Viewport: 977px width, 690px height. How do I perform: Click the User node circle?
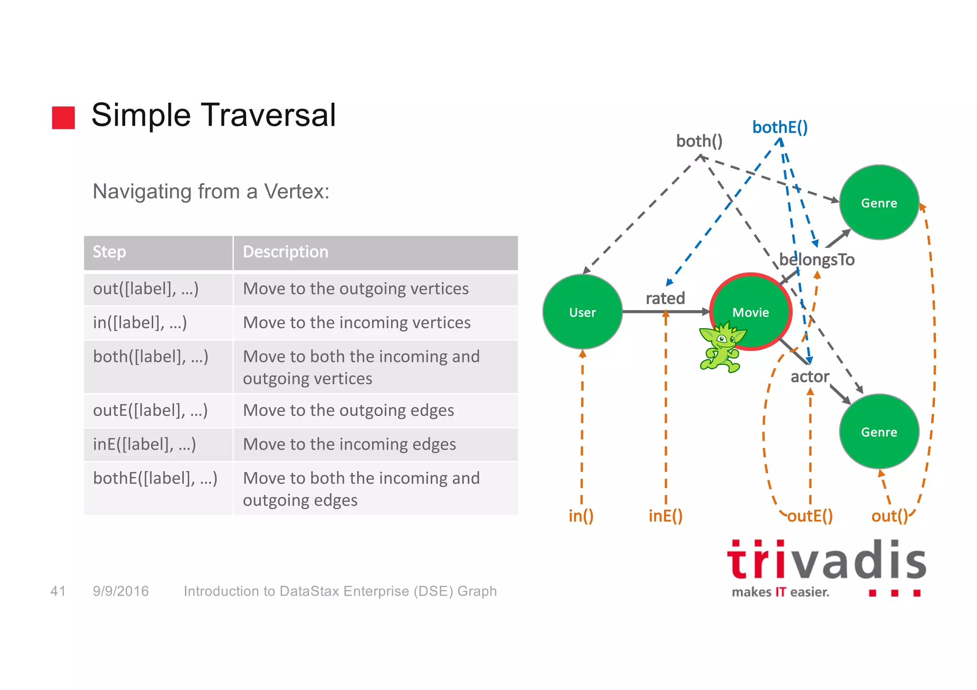[582, 312]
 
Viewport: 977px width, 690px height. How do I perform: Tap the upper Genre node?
[879, 203]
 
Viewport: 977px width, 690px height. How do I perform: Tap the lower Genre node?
[879, 432]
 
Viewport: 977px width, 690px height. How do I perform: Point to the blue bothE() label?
[780, 127]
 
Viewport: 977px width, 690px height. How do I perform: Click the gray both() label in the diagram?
[699, 141]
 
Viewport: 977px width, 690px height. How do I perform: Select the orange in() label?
[581, 516]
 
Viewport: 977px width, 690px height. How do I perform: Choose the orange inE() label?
[665, 516]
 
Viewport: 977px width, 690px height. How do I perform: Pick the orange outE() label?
[810, 516]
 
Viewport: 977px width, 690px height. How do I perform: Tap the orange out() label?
[890, 516]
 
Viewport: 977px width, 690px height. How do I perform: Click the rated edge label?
[665, 299]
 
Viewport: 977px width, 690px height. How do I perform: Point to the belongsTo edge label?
[817, 260]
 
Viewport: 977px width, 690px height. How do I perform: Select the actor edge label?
[810, 377]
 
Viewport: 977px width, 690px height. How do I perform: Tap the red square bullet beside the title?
[63, 117]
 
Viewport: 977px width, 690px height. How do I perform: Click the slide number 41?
[58, 591]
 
